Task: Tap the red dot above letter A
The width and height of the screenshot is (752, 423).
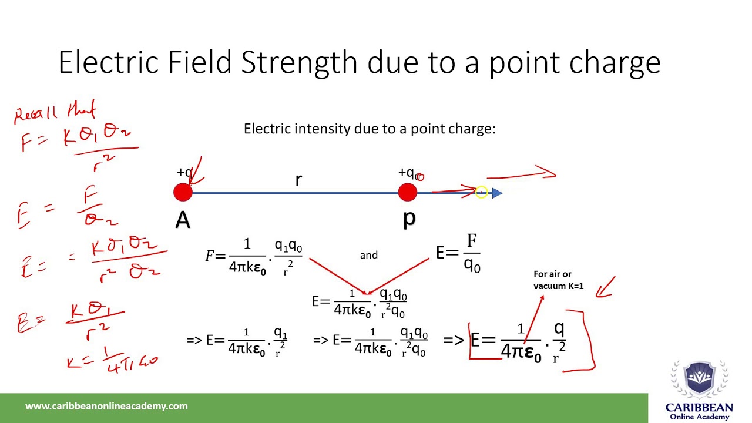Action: click(183, 193)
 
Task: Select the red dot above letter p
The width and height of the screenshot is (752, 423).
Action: click(407, 193)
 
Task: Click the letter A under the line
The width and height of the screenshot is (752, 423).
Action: click(183, 220)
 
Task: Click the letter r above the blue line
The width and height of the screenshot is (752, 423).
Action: click(298, 180)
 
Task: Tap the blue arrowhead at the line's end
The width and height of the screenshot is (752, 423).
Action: click(497, 193)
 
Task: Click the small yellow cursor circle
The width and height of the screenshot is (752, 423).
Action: click(481, 192)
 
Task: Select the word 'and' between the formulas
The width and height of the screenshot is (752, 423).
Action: click(369, 255)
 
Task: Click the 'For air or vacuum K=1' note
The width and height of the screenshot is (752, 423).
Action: click(558, 280)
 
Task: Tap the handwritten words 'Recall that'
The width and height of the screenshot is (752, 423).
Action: click(54, 112)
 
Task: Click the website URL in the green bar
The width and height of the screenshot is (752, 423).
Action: click(106, 406)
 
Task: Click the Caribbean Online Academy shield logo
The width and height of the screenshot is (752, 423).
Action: click(699, 380)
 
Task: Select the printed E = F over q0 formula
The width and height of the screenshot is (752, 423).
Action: click(458, 253)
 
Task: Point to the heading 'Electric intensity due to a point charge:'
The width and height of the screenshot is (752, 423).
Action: click(370, 129)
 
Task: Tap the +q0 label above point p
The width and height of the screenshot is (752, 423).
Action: click(410, 173)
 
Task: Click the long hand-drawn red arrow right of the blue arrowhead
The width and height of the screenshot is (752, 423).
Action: click(521, 174)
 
